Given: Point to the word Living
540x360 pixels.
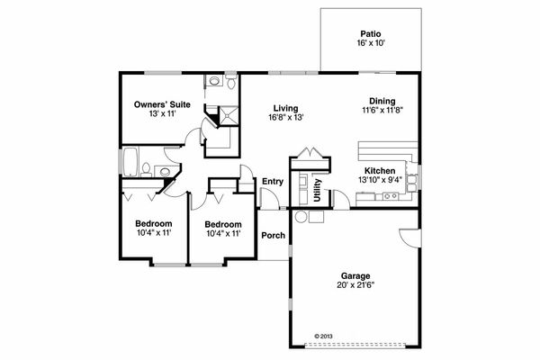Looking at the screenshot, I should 286,109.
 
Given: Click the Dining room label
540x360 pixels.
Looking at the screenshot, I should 382,101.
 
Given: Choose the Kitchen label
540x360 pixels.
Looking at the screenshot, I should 380,170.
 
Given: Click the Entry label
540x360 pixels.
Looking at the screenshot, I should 272,182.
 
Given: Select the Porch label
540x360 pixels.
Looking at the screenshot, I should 273,236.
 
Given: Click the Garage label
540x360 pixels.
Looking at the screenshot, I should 354,276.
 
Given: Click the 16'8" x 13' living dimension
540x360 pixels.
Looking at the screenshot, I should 286,118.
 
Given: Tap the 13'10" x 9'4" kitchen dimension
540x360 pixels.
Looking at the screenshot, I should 380,179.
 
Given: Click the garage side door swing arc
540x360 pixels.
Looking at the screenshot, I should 407,239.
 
